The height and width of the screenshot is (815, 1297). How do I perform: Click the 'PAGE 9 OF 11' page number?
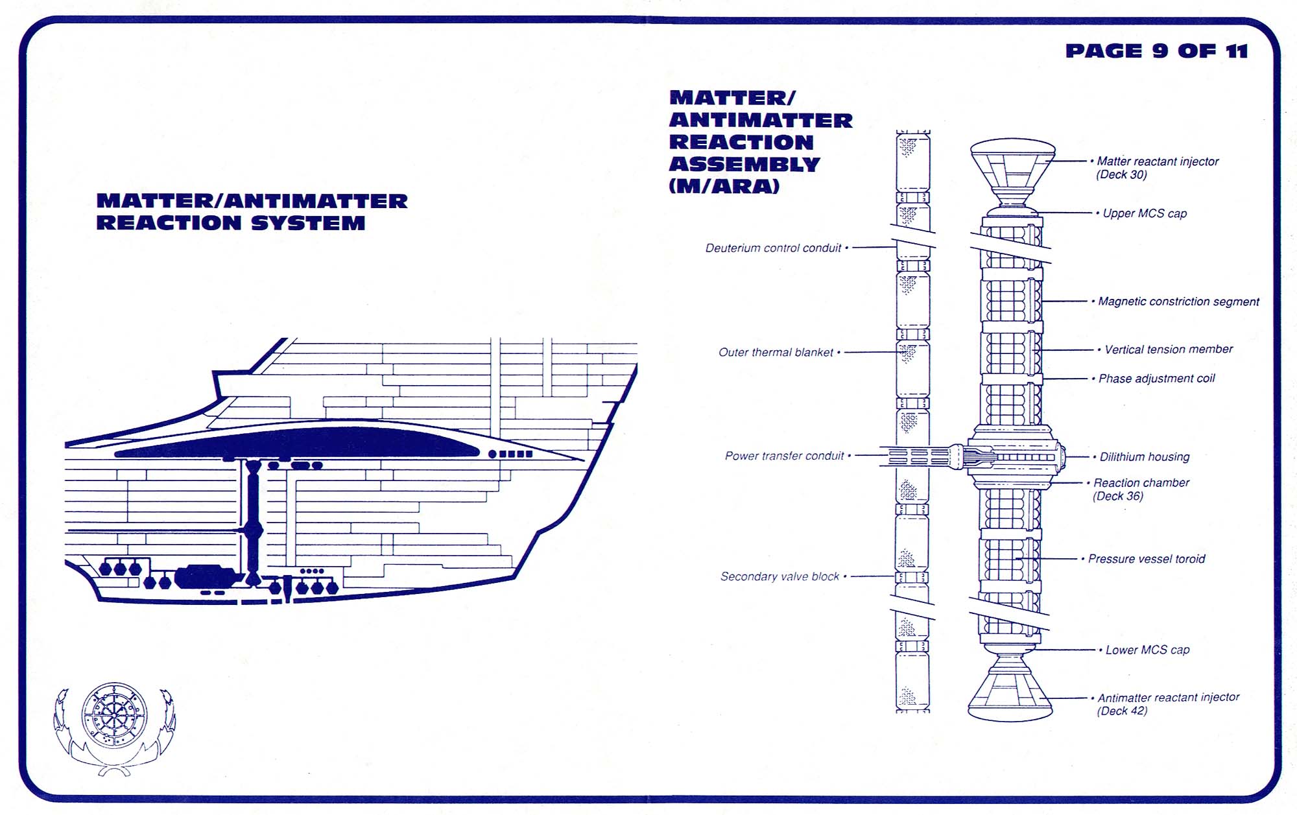point(1156,51)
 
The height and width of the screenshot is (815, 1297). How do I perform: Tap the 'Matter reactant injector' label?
point(1158,161)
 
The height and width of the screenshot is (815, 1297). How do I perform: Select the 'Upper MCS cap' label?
point(1145,213)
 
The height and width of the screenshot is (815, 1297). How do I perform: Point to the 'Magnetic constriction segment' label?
point(1178,301)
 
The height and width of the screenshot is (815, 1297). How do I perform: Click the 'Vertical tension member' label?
point(1169,349)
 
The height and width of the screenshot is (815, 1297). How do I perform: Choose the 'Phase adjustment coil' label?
point(1156,379)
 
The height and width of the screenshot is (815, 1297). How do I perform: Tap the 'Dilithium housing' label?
point(1145,457)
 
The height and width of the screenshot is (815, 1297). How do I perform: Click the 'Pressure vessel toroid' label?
point(1147,559)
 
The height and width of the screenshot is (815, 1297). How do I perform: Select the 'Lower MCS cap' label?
point(1147,650)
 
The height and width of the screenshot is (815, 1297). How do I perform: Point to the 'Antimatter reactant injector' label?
point(1168,698)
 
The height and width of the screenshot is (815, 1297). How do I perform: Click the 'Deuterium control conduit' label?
point(773,248)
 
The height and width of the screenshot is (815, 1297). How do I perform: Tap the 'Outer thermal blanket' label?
point(776,353)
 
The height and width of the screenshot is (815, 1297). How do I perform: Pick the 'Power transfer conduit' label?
point(784,456)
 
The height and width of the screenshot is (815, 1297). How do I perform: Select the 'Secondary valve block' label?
point(779,576)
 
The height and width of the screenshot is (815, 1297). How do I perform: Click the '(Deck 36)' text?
point(1118,497)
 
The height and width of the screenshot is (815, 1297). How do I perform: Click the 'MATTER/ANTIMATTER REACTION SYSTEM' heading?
point(252,212)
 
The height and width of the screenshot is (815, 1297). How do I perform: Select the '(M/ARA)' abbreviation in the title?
point(724,187)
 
